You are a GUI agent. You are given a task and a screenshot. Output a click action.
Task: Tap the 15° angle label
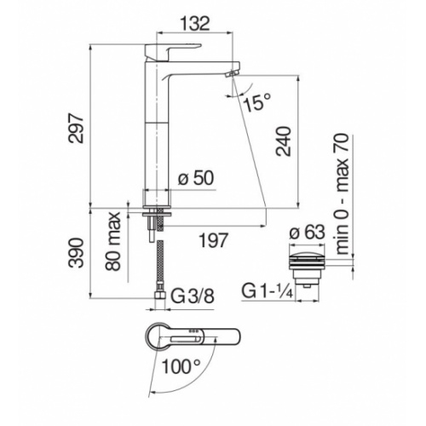coord(255,102)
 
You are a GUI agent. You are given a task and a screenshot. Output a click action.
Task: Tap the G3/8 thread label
coord(192,297)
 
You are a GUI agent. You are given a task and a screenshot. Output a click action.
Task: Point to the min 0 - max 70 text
coord(344,192)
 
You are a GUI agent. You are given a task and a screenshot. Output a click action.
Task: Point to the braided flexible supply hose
coord(157,264)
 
